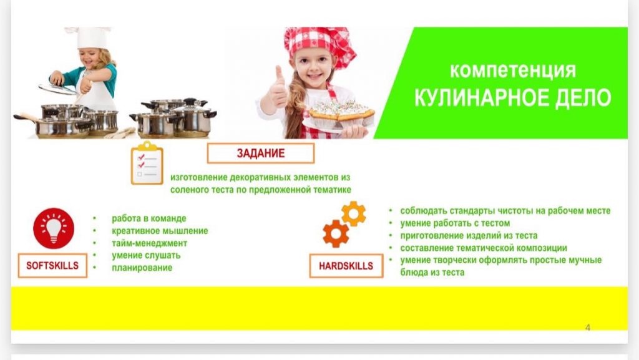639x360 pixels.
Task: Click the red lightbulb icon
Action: click(x=54, y=228)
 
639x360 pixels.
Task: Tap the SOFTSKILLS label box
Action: click(x=52, y=266)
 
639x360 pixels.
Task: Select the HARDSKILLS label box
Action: click(x=346, y=266)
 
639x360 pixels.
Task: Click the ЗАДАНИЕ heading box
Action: click(x=261, y=153)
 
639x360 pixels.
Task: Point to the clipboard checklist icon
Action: click(x=147, y=163)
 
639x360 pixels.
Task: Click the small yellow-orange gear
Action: click(x=353, y=213)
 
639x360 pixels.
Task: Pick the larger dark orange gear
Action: click(x=336, y=233)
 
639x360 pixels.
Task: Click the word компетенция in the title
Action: click(x=513, y=71)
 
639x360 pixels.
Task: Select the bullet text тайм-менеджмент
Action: click(x=150, y=243)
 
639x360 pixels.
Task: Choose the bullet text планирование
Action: click(x=142, y=268)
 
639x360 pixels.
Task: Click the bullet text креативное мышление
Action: click(x=160, y=231)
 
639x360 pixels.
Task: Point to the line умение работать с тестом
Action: click(x=455, y=223)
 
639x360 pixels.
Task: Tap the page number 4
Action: click(x=588, y=328)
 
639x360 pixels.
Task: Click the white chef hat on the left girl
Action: click(x=90, y=37)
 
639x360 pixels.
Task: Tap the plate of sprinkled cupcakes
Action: click(x=339, y=115)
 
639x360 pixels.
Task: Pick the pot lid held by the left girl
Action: click(x=57, y=89)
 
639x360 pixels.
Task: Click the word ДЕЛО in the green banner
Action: click(x=583, y=98)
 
